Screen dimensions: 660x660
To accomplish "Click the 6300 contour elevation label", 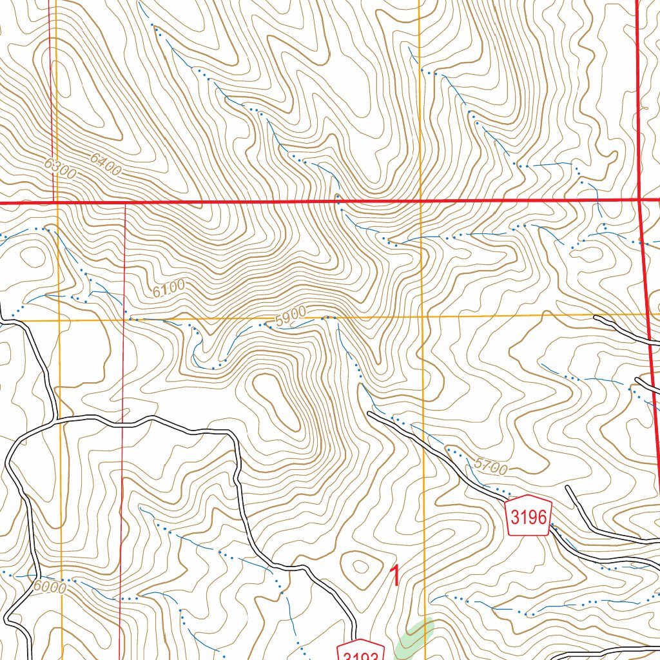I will click(x=61, y=169).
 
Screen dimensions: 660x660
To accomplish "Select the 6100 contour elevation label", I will click(x=169, y=287).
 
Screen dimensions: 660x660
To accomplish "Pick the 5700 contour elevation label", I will click(x=490, y=465).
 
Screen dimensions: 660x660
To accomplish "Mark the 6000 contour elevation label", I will click(x=50, y=587).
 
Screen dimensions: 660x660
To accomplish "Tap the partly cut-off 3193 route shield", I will click(x=361, y=651).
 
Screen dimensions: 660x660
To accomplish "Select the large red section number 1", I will click(x=395, y=576).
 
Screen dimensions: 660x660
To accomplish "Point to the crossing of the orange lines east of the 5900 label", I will click(x=422, y=317).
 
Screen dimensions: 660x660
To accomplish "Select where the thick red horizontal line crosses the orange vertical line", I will click(x=420, y=202).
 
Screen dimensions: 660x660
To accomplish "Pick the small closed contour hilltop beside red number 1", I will click(x=358, y=568).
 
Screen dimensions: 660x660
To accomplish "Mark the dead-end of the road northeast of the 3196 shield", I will click(x=568, y=487).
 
